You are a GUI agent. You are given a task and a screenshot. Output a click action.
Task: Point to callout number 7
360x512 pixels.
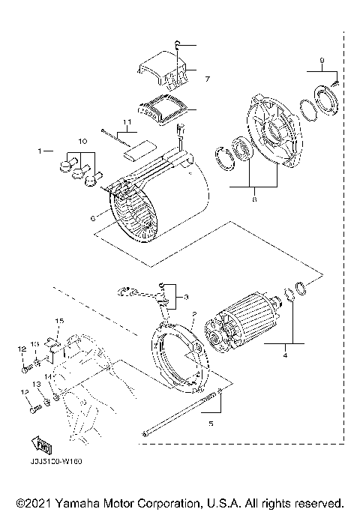(208, 78)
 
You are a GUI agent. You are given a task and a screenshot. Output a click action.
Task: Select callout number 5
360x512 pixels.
(211, 424)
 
